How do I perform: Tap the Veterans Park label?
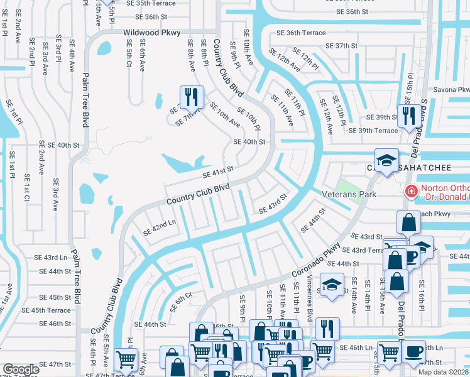[349, 195]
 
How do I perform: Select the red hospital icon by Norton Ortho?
[411, 191]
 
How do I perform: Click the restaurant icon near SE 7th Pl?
[189, 97]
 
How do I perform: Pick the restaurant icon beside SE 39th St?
[408, 116]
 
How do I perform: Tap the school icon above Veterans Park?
[386, 160]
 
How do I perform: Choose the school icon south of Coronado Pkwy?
[332, 284]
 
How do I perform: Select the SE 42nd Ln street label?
[160, 227]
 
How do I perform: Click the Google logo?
[21, 369]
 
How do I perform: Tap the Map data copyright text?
[443, 372]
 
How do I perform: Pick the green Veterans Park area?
[346, 186]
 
